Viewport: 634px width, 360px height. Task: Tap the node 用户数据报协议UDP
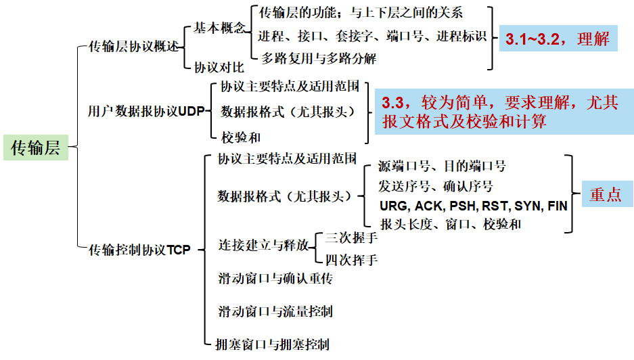point(145,112)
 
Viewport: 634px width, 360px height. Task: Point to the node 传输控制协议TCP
point(140,249)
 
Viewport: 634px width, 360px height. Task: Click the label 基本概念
point(219,28)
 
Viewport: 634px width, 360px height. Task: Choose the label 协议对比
point(219,67)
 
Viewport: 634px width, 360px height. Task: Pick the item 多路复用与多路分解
point(318,58)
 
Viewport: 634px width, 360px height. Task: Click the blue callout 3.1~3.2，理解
point(557,39)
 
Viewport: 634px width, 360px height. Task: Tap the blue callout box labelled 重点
point(605,194)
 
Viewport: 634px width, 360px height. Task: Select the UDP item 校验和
point(241,137)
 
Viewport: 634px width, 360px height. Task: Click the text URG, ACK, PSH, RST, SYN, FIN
point(473,206)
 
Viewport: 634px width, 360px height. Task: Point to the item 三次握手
point(351,239)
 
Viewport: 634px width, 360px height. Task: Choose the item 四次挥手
point(351,260)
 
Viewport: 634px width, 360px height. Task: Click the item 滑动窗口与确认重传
point(275,278)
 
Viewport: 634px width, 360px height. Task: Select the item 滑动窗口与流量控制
point(275,311)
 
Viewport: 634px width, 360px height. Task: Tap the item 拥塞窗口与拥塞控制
point(271,344)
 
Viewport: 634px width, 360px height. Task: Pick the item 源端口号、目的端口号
point(442,166)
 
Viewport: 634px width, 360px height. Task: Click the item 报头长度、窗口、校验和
point(450,224)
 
